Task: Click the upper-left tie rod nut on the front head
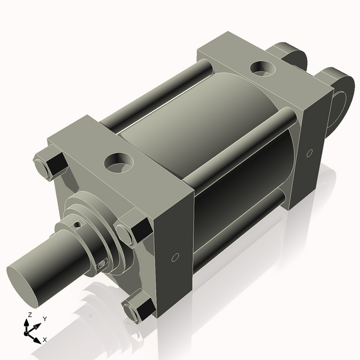pos(48,166)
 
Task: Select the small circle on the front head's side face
pos(175,258)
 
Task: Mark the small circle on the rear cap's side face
pos(309,154)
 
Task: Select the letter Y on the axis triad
pos(44,319)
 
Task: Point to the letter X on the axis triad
pos(45,340)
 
